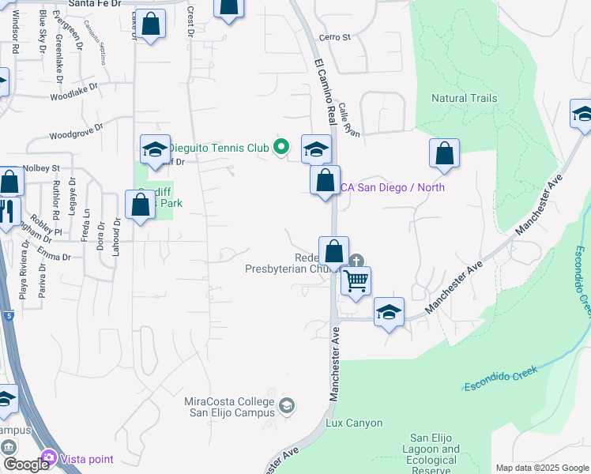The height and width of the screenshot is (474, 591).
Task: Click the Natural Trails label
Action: (464, 98)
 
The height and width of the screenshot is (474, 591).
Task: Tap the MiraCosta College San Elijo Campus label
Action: (229, 407)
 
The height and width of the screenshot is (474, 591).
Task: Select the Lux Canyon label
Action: (354, 423)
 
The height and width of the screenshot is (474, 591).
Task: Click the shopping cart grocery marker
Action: (356, 280)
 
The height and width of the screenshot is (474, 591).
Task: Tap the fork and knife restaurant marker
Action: (8, 211)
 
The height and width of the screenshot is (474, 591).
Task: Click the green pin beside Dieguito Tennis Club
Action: (280, 146)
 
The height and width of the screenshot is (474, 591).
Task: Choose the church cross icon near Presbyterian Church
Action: (357, 260)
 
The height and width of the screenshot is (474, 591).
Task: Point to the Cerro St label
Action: (334, 37)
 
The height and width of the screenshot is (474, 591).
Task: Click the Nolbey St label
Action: (41, 168)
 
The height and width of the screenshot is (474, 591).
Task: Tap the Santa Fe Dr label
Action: (95, 4)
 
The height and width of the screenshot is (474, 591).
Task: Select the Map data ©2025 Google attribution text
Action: (541, 468)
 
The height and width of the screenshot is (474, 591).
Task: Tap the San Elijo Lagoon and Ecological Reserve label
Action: (435, 454)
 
